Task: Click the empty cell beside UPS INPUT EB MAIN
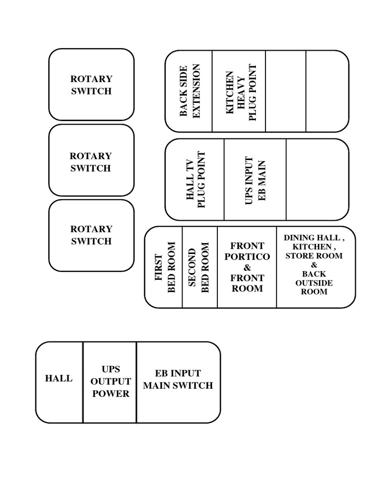coord(316,180)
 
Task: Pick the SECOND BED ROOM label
coord(199,267)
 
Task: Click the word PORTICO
coord(247,256)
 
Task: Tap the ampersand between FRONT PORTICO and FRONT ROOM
coord(247,267)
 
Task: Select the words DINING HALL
coord(312,237)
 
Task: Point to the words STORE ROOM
coord(314,255)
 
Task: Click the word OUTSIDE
coord(314,283)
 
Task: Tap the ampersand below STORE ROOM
coord(314,264)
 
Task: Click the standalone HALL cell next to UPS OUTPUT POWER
coord(59,379)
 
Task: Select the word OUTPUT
coord(111,382)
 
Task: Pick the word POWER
coord(111,394)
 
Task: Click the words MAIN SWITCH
coord(178,386)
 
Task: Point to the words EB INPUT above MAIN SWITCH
coord(178,373)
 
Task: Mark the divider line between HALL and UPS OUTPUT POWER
coord(83,382)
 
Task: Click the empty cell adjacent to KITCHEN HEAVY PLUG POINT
coord(285,91)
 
